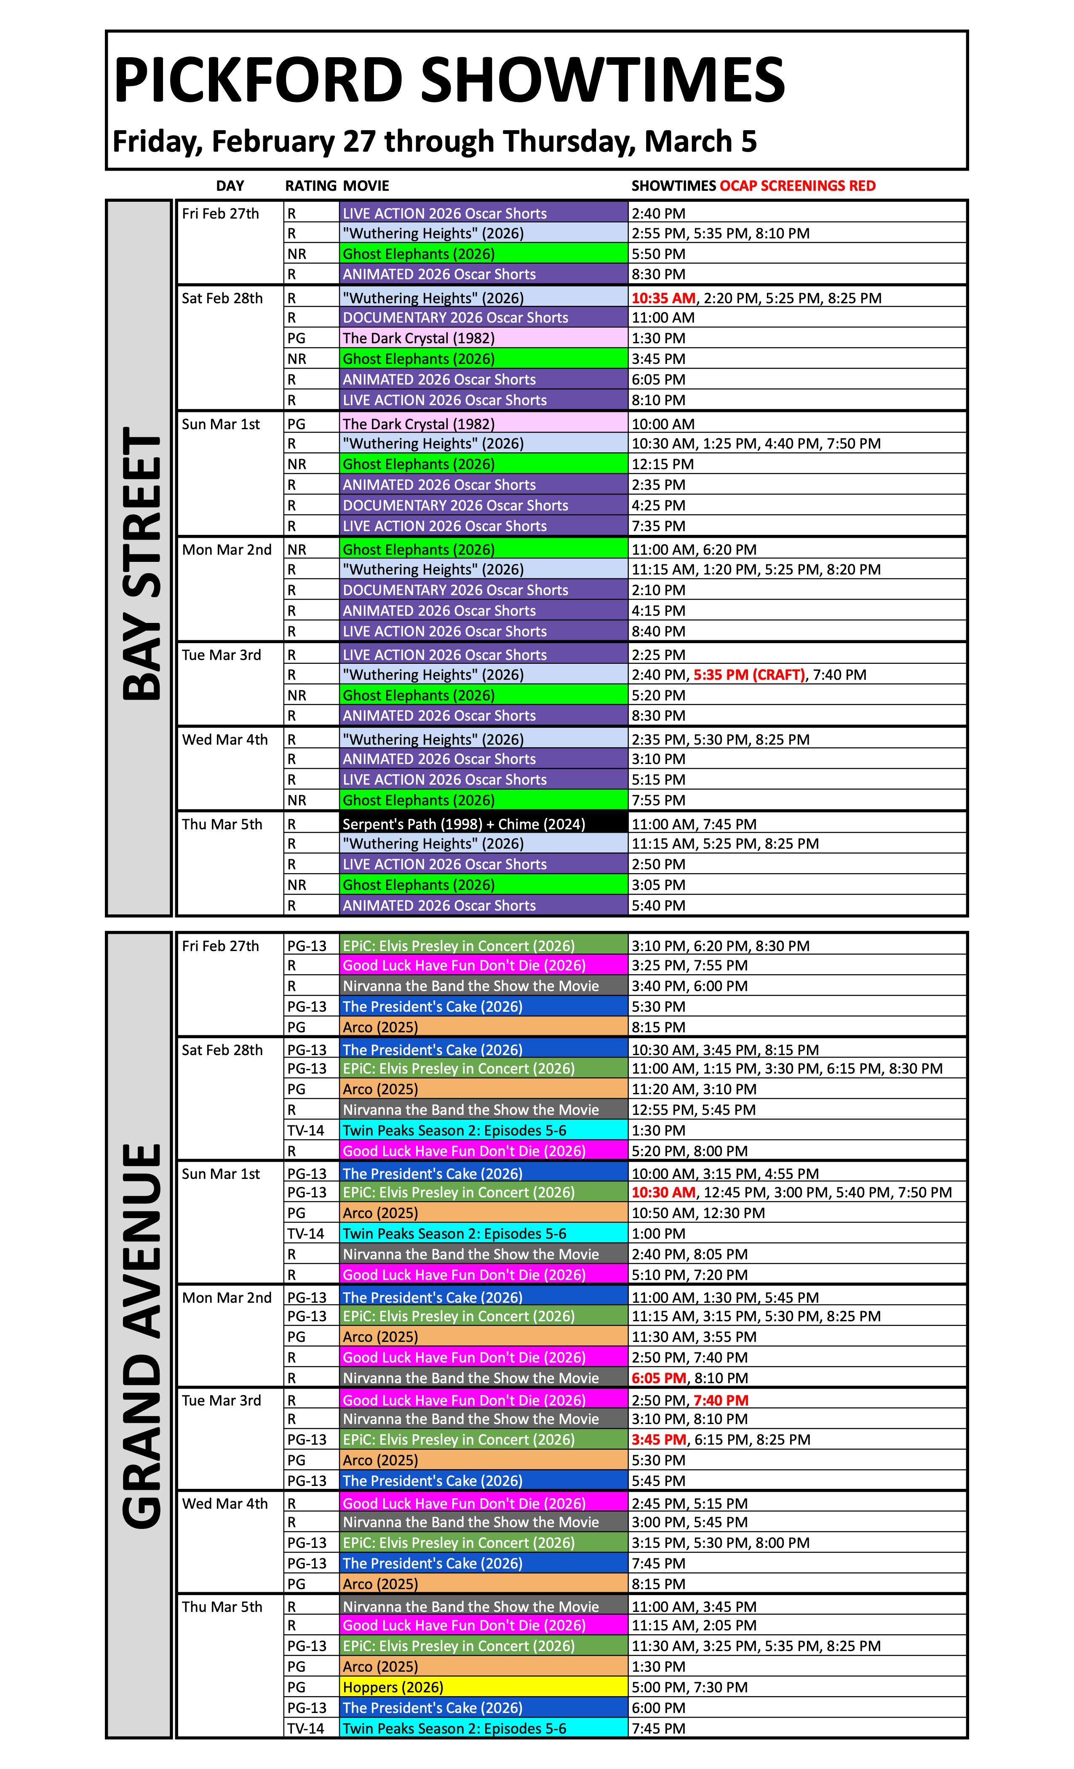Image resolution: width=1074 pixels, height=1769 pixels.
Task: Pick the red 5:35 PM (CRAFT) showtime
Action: (x=749, y=675)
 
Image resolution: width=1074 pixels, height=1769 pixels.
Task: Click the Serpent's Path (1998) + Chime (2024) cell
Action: (x=464, y=824)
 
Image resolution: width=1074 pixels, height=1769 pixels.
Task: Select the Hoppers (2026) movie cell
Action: (x=393, y=1687)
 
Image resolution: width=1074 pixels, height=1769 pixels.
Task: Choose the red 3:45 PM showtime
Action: (x=658, y=1440)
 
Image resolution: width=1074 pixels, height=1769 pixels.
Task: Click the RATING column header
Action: (x=310, y=186)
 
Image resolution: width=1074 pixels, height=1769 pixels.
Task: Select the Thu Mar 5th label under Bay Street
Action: (x=222, y=824)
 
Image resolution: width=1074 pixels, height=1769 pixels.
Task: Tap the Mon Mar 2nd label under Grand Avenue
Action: (x=227, y=1298)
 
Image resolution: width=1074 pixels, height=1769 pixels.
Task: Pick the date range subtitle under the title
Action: (x=434, y=142)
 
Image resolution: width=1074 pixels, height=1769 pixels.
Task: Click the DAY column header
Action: (x=230, y=186)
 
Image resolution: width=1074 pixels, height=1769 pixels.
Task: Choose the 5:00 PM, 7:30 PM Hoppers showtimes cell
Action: (x=689, y=1687)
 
